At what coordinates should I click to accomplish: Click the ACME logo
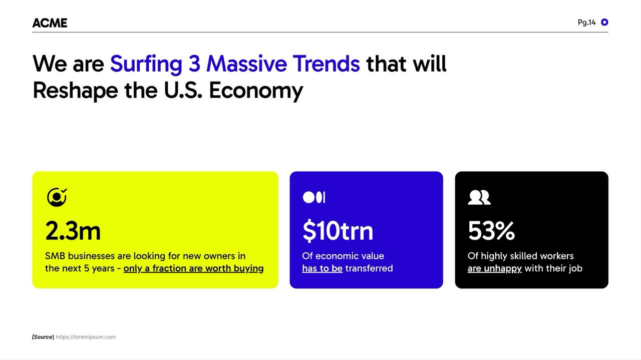pyautogui.click(x=50, y=23)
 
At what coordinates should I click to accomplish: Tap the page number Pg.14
pyautogui.click(x=586, y=23)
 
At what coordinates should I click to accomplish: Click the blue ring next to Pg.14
pyautogui.click(x=604, y=22)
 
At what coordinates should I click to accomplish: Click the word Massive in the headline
pyautogui.click(x=246, y=64)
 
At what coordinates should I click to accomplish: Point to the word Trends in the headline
pyautogui.click(x=326, y=64)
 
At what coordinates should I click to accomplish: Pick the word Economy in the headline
pyautogui.click(x=256, y=91)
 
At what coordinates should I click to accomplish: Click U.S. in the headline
pyautogui.click(x=183, y=90)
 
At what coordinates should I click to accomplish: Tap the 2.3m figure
pyautogui.click(x=73, y=231)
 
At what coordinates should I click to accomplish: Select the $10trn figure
pyautogui.click(x=338, y=230)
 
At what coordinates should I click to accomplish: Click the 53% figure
pyautogui.click(x=491, y=231)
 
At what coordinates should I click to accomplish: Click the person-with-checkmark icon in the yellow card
pyautogui.click(x=57, y=197)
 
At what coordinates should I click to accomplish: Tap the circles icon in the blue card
pyautogui.click(x=314, y=197)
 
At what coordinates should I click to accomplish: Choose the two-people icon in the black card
pyautogui.click(x=479, y=197)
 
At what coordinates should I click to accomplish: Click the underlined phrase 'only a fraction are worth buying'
pyautogui.click(x=193, y=269)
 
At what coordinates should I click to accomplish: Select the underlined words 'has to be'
pyautogui.click(x=322, y=268)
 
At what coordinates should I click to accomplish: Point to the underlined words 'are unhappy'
pyautogui.click(x=494, y=269)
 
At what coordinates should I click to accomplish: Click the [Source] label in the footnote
pyautogui.click(x=43, y=337)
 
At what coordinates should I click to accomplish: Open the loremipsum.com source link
pyautogui.click(x=86, y=337)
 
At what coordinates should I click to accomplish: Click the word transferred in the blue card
pyautogui.click(x=369, y=268)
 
